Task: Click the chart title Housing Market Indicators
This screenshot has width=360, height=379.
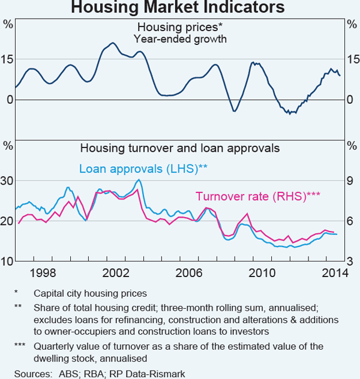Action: pyautogui.click(x=180, y=8)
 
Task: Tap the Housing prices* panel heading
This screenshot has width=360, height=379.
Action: pyautogui.click(x=179, y=27)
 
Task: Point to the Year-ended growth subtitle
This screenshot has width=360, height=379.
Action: pyautogui.click(x=179, y=38)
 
